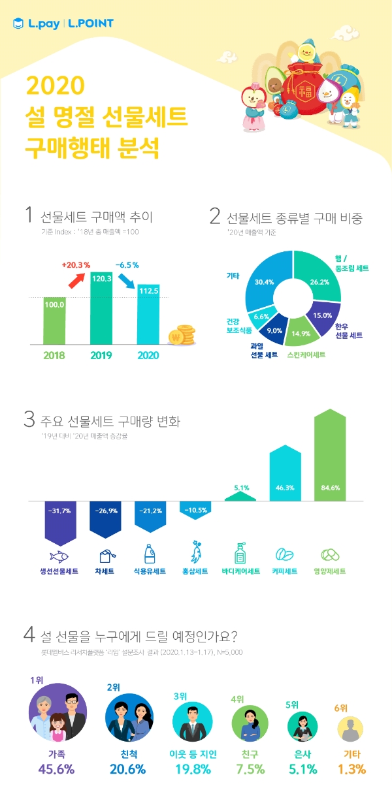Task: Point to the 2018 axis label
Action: [x=55, y=356]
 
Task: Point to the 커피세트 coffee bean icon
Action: [x=284, y=555]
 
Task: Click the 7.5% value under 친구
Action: [x=249, y=768]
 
